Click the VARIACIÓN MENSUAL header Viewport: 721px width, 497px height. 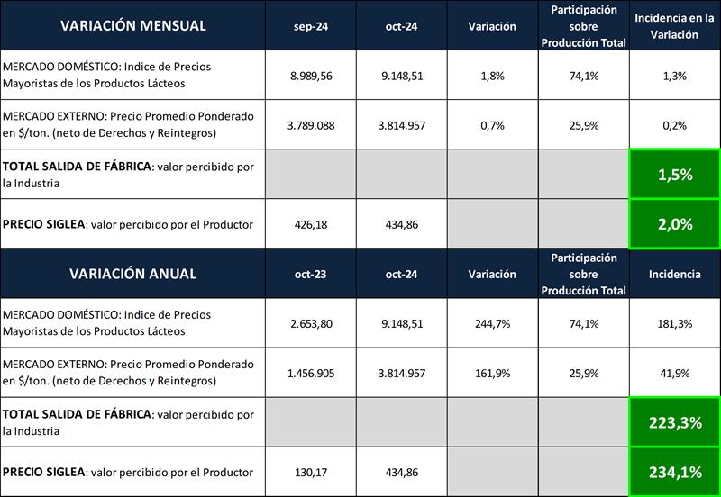[132, 25]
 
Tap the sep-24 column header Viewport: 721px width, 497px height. [311, 26]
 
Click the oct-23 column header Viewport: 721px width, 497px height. [311, 274]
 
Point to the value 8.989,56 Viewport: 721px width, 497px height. [311, 77]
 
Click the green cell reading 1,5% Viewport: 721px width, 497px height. [675, 175]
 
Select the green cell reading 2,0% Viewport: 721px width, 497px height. [675, 224]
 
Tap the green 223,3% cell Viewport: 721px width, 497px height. [675, 422]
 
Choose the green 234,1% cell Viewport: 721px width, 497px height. [675, 472]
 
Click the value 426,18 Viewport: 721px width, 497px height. [311, 224]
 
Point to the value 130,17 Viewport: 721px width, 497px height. [311, 472]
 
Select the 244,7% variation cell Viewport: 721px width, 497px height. [492, 323]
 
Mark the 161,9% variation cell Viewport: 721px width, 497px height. [492, 373]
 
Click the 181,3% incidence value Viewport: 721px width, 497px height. [675, 323]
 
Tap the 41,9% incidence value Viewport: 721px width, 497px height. [675, 373]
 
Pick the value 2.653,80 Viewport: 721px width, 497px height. [311, 323]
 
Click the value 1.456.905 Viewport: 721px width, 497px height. [311, 373]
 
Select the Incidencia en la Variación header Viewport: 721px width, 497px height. [675, 26]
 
